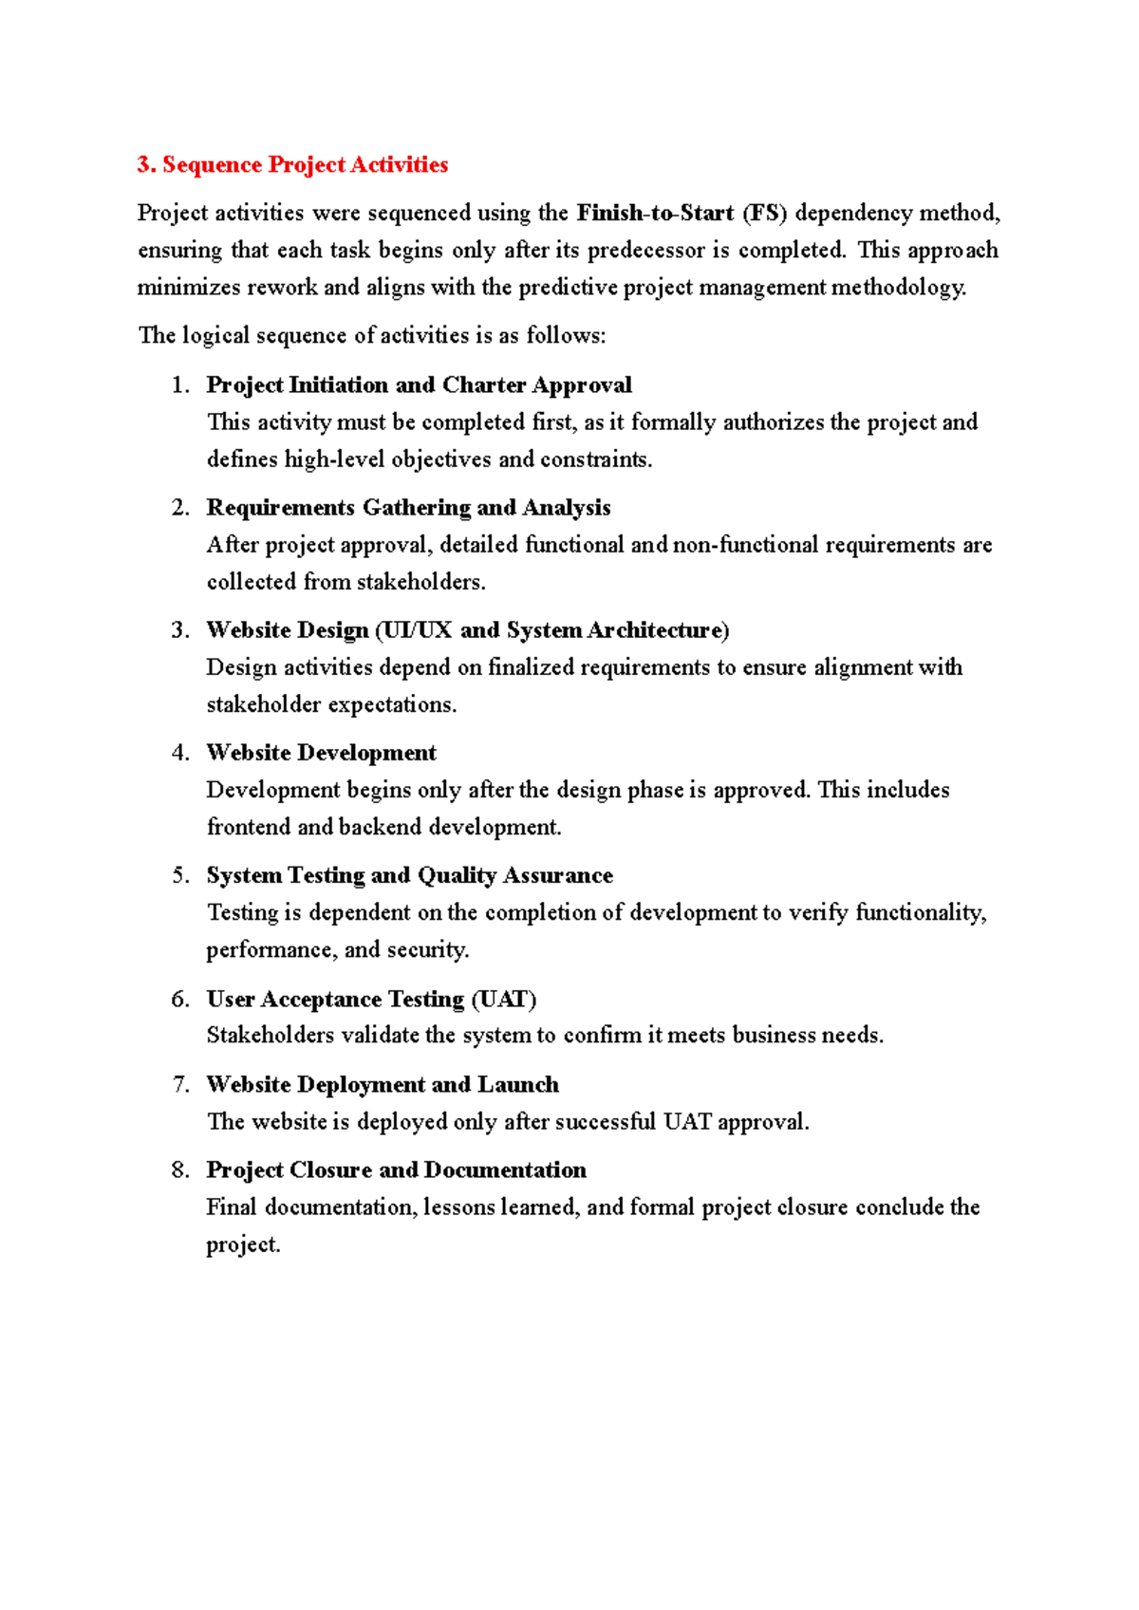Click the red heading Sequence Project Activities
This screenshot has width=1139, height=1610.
pos(292,165)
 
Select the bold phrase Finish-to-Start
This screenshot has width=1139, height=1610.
pos(655,213)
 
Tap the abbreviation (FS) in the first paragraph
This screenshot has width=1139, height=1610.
pos(765,213)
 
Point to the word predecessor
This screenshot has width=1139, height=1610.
pos(646,251)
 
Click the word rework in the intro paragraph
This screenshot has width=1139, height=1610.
pos(282,288)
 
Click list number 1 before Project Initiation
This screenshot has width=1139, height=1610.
pos(180,385)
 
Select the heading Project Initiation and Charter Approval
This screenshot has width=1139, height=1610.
pos(419,385)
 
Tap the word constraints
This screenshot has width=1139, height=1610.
pos(596,460)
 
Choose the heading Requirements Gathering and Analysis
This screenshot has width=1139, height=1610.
pos(408,508)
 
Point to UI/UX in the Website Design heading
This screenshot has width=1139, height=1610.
pos(417,630)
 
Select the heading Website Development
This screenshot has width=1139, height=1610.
pos(321,753)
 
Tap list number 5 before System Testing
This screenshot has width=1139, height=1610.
pos(180,875)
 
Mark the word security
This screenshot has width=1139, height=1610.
pos(428,950)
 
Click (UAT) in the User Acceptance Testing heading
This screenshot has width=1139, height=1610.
pos(504,1000)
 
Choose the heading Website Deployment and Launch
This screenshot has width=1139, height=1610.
pos(383,1085)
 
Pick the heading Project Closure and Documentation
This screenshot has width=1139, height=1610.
pos(396,1170)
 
